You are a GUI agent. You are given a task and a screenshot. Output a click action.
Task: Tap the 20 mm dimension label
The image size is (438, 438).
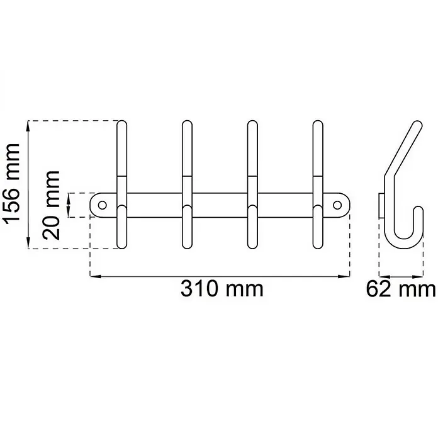51,205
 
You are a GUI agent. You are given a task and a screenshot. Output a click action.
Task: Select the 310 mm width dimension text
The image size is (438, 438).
222,289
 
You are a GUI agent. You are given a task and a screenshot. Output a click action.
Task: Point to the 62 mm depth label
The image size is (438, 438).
401,289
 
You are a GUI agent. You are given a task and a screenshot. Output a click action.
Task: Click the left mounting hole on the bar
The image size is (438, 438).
103,205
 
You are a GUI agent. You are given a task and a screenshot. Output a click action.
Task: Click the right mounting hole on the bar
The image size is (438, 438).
337,205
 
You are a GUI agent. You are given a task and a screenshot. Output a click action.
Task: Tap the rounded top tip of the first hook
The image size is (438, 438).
122,122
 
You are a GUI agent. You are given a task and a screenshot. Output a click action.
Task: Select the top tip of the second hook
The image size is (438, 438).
187,122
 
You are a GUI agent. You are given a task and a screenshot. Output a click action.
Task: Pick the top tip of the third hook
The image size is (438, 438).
252,122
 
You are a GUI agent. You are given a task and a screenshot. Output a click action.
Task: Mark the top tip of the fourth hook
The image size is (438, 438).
318,122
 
